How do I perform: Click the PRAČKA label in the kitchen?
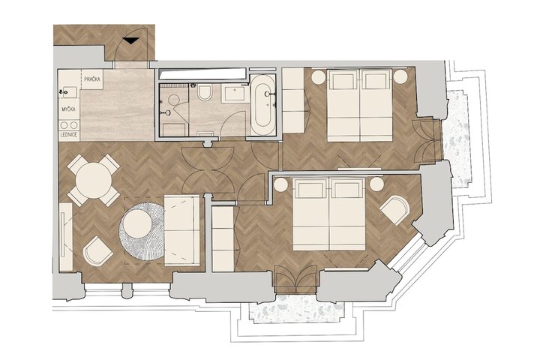(92, 79)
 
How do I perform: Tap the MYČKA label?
(69, 109)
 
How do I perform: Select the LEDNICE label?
(69, 135)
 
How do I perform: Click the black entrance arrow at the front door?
(131, 40)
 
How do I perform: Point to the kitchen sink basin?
(70, 92)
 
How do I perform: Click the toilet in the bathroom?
(205, 92)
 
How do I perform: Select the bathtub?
(262, 104)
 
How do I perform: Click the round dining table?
(94, 180)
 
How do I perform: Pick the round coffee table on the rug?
(137, 223)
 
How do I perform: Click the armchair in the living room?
(97, 251)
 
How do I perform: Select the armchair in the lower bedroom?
(394, 210)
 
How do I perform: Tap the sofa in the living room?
(181, 230)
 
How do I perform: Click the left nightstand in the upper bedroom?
(319, 76)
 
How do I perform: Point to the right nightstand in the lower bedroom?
(376, 184)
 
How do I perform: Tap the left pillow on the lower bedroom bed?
(311, 190)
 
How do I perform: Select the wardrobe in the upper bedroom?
(293, 100)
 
